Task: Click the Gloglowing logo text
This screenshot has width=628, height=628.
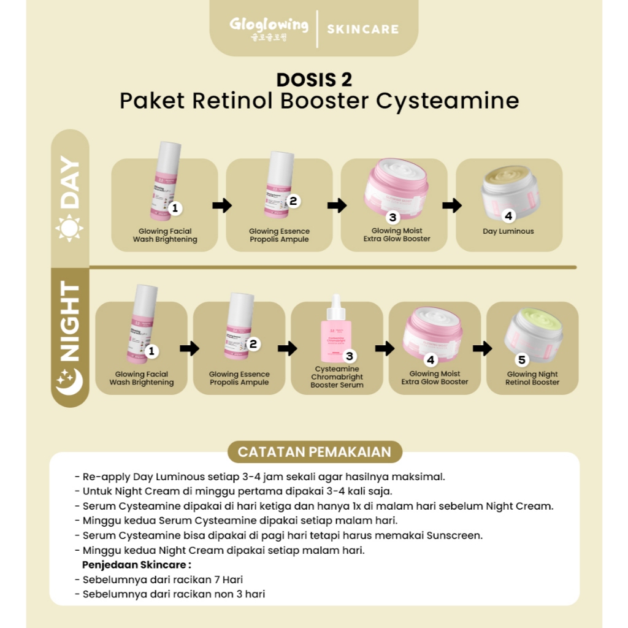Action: click(269, 26)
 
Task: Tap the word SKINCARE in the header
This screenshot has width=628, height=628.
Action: click(362, 29)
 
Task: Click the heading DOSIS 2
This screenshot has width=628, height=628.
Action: click(314, 80)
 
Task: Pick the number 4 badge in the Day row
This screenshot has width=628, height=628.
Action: click(508, 216)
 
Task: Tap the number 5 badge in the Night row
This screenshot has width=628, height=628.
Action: click(522, 360)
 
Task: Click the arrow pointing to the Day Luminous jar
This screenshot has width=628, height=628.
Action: click(452, 205)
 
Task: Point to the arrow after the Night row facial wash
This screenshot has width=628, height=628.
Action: click(190, 349)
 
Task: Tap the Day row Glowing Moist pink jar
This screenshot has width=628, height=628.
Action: click(396, 185)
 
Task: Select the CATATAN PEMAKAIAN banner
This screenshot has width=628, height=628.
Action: click(314, 452)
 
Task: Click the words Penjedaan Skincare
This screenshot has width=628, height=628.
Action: click(137, 564)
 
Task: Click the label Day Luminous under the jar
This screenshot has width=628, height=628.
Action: click(508, 232)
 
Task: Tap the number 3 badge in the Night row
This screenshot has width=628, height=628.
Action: click(350, 356)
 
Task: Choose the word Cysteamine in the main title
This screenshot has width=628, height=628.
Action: click(447, 101)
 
